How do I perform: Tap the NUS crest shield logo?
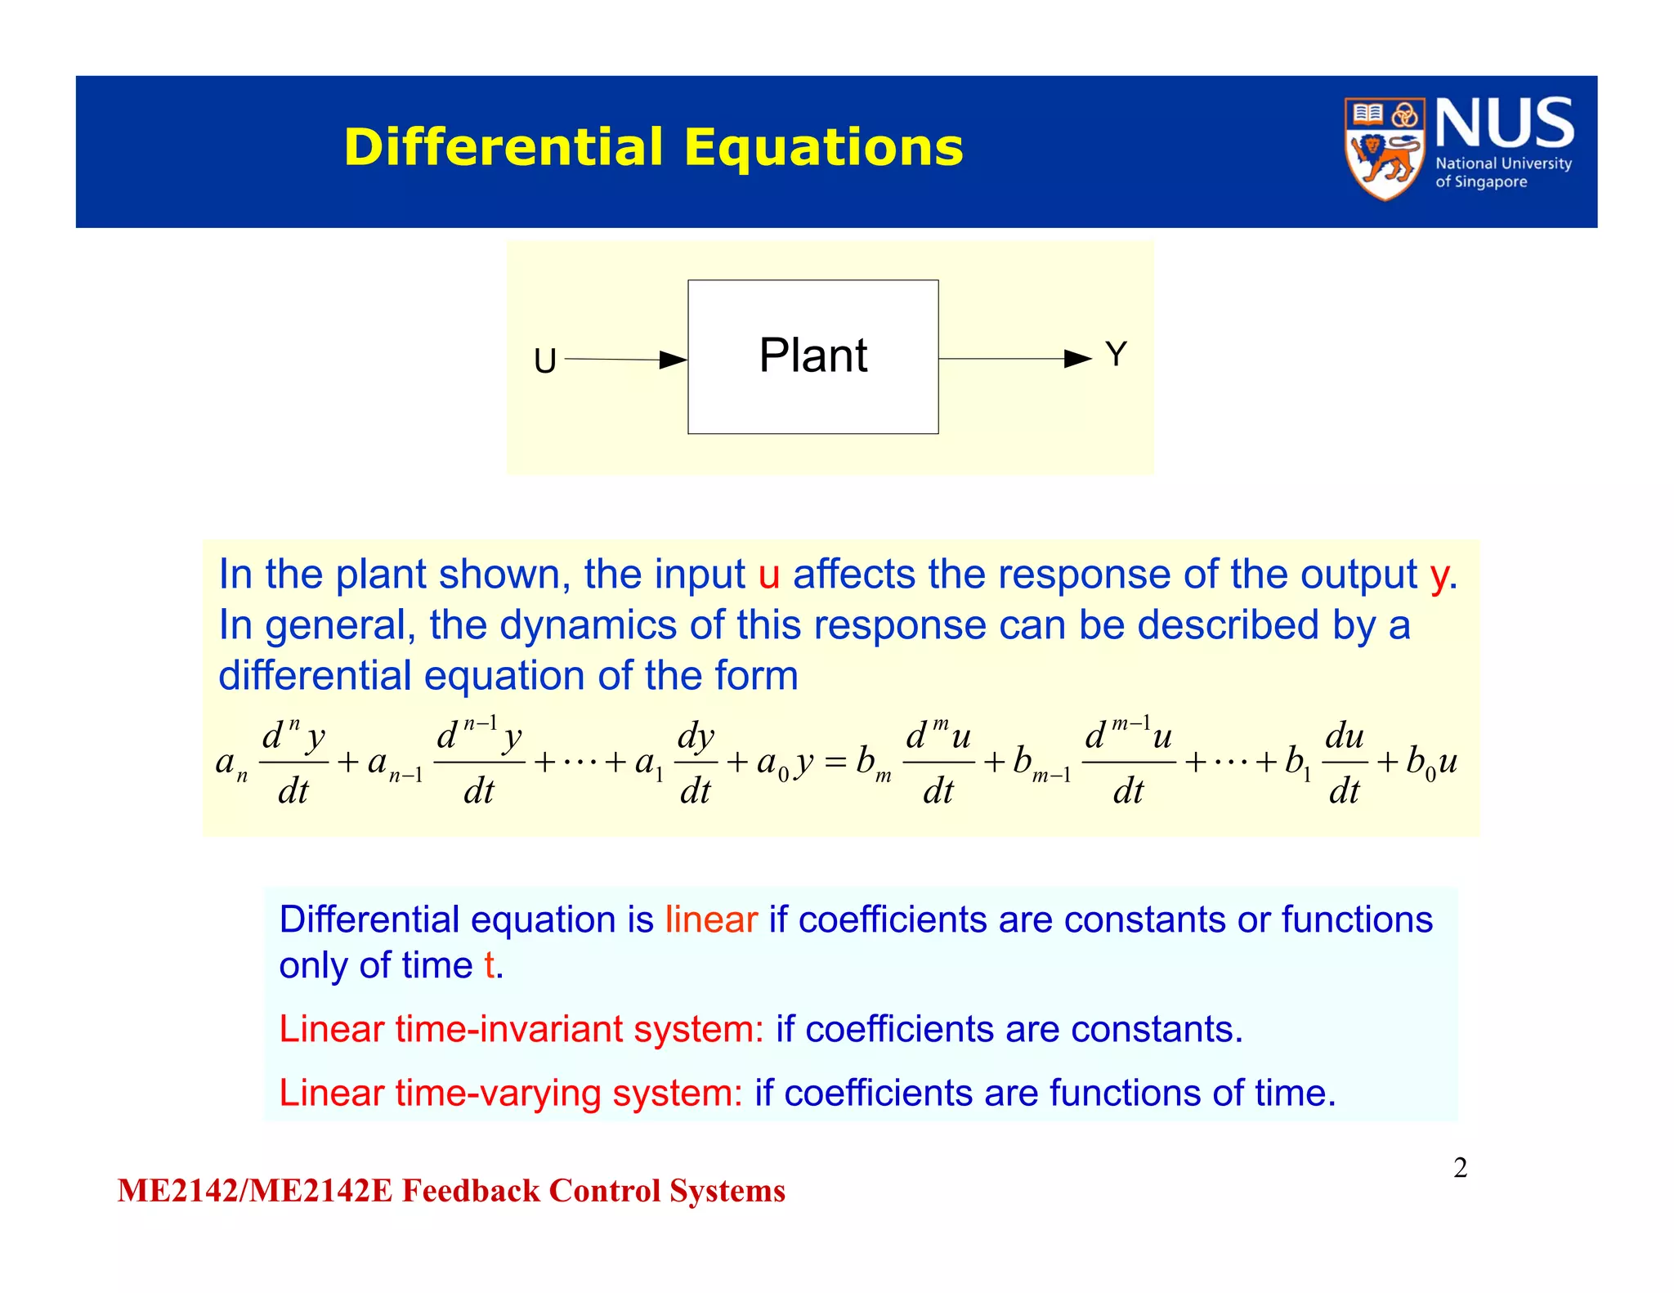tap(1384, 149)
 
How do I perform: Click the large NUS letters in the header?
tap(1504, 123)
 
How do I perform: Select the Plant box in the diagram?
tap(812, 356)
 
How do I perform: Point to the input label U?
tap(544, 360)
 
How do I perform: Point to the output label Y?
tap(1116, 355)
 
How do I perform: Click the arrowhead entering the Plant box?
tap(674, 360)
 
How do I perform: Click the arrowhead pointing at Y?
tap(1077, 359)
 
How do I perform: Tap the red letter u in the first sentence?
tap(768, 575)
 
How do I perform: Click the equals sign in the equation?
tap(835, 763)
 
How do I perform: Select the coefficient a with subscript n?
tap(230, 764)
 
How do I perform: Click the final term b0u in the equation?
tap(1431, 763)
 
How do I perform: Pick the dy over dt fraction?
tap(696, 763)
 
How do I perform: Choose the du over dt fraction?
tap(1344, 763)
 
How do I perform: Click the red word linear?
tap(710, 919)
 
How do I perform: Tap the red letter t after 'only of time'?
tap(489, 966)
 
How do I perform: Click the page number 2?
tap(1460, 1168)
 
